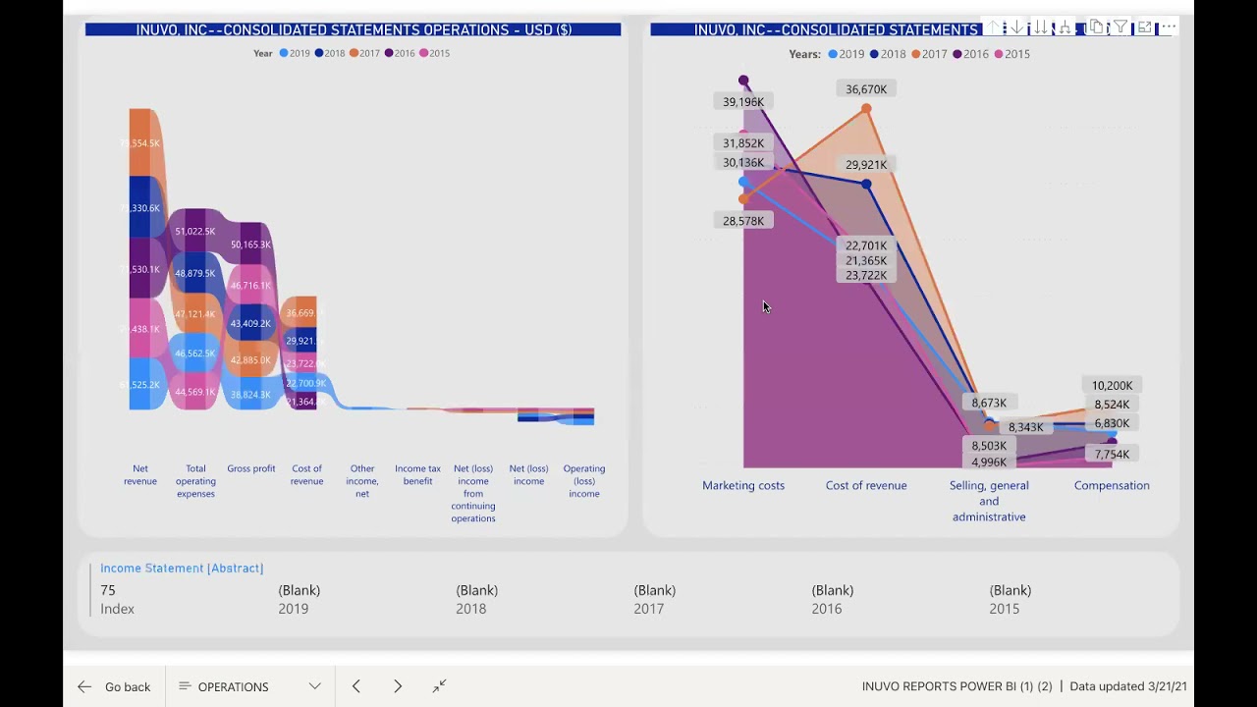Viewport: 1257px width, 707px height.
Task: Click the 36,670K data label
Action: [x=866, y=89]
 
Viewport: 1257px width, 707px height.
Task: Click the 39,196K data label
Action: [x=743, y=102]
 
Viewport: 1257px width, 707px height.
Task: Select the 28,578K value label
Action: [x=743, y=221]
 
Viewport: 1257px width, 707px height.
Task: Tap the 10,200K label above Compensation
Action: [x=1112, y=386]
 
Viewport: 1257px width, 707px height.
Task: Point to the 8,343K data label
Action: [x=1025, y=427]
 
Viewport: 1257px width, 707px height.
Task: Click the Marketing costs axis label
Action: [x=743, y=485]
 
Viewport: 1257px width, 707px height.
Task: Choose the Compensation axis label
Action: [x=1112, y=485]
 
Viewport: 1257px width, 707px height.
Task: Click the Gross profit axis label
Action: [x=251, y=468]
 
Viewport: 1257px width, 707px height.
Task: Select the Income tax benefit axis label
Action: [x=417, y=474]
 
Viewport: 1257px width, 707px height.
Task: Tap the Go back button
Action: [x=116, y=686]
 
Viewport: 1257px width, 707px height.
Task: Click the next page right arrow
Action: [x=398, y=686]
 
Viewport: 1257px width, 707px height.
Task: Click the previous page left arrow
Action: [x=356, y=686]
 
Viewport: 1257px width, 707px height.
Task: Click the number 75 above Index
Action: [x=108, y=590]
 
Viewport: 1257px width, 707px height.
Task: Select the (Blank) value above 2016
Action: [x=832, y=590]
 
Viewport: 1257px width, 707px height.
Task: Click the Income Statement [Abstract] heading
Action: [x=182, y=568]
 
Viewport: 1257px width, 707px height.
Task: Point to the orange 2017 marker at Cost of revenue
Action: [x=866, y=109]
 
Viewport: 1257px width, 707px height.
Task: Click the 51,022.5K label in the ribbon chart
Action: [x=195, y=232]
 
